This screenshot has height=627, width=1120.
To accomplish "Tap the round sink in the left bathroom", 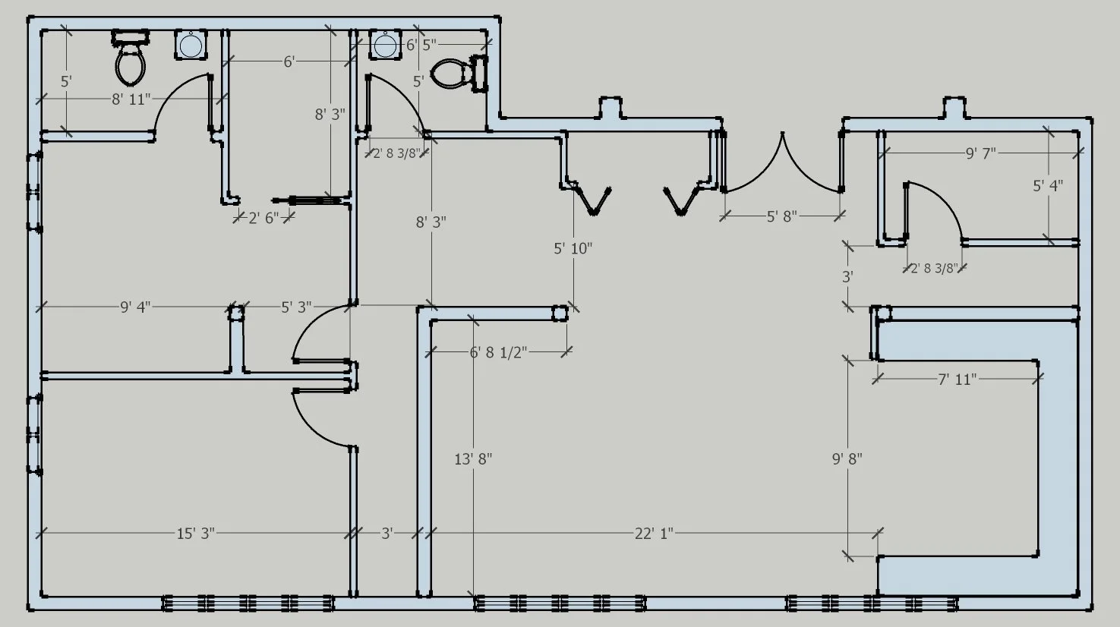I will [190, 46].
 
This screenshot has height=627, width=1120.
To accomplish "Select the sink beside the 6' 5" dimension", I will [385, 46].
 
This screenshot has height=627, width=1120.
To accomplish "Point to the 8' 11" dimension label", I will [131, 99].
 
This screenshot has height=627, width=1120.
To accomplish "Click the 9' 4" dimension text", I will [135, 307].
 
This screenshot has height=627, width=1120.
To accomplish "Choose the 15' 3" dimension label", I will [196, 534].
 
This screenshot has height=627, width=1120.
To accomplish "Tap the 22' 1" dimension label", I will [654, 534].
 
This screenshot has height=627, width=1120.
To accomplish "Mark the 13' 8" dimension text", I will [473, 459].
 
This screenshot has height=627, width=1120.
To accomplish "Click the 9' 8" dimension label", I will [847, 459].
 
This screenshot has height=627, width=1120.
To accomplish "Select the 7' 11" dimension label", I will [956, 379].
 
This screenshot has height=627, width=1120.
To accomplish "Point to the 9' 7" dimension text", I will [980, 153].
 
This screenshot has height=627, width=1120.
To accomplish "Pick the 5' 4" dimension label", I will [1048, 185].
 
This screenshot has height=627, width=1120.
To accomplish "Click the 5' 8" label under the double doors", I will [781, 216].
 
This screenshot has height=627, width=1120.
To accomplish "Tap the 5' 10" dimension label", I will [573, 248].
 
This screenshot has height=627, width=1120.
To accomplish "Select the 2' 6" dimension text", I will [263, 218].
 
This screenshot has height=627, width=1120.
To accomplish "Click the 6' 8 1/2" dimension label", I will [498, 352].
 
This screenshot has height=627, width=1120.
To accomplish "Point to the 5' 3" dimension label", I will [296, 307].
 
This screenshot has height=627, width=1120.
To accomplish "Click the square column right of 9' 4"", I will [236, 311].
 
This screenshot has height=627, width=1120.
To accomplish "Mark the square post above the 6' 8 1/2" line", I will [560, 313].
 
